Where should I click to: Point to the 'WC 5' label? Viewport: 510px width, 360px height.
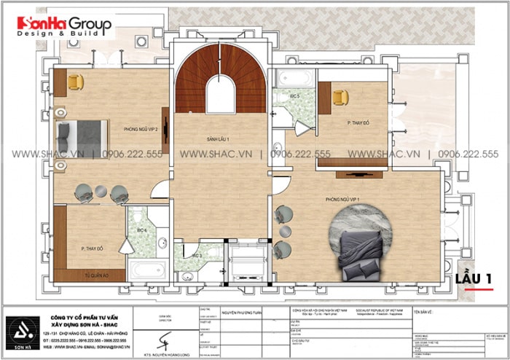pyautogui.click(x=294, y=95)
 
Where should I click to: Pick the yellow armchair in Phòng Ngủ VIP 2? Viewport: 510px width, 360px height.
pyautogui.click(x=76, y=82)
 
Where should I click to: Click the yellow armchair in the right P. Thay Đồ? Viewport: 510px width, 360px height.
pyautogui.click(x=340, y=97)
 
